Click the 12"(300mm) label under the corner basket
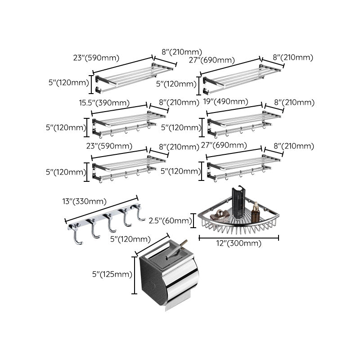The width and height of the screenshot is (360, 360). coord(239,243)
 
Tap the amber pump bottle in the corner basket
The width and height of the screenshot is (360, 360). coord(256,210)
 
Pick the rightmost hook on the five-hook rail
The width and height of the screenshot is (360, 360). coord(140,215)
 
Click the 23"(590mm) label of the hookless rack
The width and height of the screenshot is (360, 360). coord(95,57)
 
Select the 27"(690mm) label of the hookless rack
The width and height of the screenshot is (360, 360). coord(218,60)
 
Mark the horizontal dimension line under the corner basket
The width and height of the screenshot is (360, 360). coord(239,238)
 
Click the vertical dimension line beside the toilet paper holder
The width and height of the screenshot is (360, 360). coord(135,275)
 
